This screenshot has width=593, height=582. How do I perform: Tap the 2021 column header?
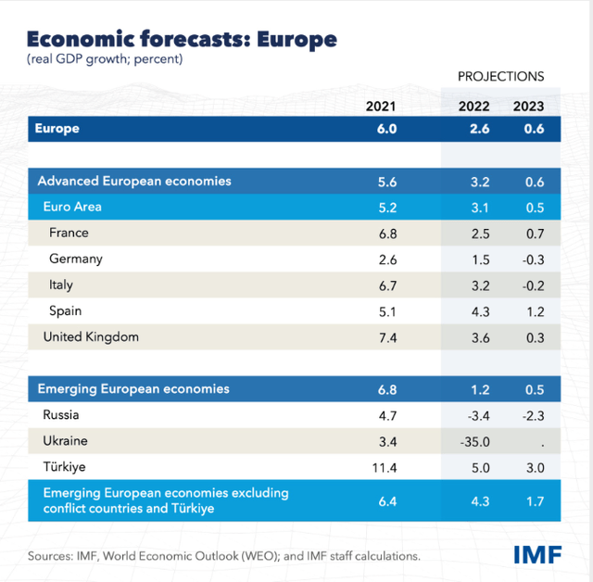click(381, 106)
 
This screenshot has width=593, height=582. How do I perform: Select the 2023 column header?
click(529, 106)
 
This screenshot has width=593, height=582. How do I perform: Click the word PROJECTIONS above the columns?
click(500, 76)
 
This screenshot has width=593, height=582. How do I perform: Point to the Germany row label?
click(76, 259)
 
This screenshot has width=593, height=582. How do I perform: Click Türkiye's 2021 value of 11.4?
click(383, 467)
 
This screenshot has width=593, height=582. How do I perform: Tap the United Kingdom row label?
click(91, 337)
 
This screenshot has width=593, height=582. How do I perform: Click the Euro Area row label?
click(72, 208)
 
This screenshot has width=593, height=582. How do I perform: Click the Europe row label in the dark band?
click(57, 129)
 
